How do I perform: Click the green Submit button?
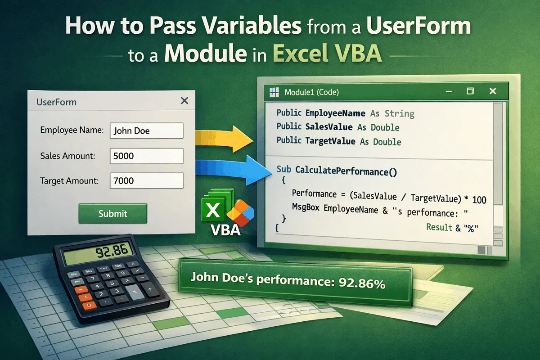click(113, 214)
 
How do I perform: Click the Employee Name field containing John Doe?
click(146, 130)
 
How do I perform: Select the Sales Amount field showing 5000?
click(146, 156)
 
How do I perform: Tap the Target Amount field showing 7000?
click(146, 181)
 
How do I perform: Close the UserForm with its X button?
click(184, 101)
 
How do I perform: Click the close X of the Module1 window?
click(492, 91)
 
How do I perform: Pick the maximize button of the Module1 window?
click(470, 91)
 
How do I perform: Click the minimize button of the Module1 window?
click(448, 92)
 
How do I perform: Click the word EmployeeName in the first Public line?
click(335, 113)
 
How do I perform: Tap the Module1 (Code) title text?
click(312, 93)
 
